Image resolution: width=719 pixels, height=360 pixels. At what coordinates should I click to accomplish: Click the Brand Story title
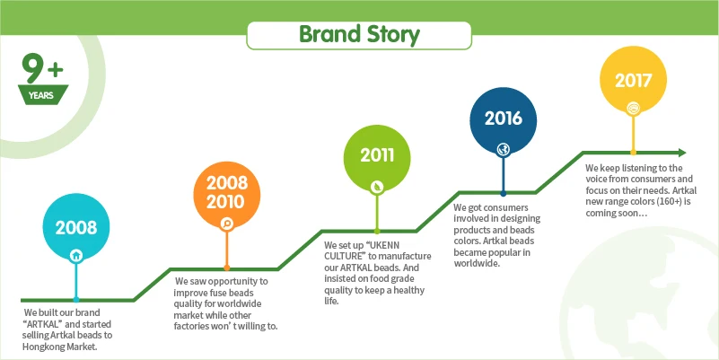coord(359,35)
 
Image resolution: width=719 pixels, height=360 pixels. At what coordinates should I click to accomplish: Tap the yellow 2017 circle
coord(633,81)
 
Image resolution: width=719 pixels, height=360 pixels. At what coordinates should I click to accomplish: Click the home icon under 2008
coord(76,255)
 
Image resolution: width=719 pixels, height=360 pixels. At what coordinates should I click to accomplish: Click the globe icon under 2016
coord(503,149)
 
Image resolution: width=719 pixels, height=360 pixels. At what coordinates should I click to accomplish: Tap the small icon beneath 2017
coord(633,108)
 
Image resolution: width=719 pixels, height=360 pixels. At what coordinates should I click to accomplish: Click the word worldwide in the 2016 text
coord(476,263)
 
